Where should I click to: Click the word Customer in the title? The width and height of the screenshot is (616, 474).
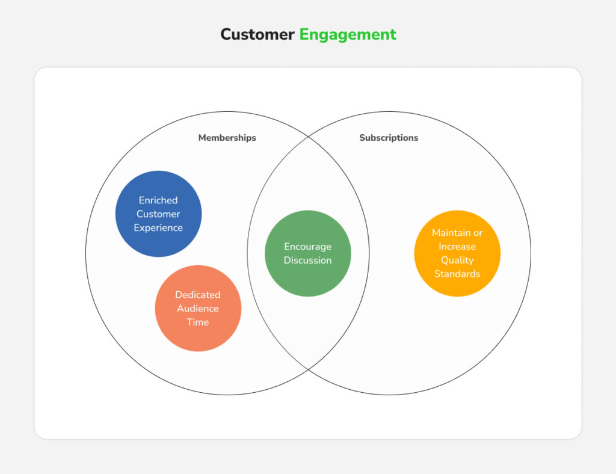(257, 34)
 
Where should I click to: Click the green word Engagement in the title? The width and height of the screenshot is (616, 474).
(348, 34)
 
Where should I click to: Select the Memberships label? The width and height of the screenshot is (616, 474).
(227, 138)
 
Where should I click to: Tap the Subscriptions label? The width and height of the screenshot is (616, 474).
(389, 138)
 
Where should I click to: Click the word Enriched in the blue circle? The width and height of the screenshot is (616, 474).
(158, 200)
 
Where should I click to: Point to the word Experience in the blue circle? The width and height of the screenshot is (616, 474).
(158, 228)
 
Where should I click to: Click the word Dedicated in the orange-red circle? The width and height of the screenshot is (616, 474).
(198, 295)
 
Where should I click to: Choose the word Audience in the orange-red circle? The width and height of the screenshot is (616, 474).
(198, 309)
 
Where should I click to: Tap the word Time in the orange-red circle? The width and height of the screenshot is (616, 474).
(198, 322)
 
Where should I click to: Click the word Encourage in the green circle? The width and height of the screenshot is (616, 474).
(308, 247)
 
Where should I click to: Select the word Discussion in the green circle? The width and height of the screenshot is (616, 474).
(308, 260)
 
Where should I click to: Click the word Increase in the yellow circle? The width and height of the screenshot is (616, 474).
(457, 247)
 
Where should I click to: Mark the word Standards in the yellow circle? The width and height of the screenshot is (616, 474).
(457, 274)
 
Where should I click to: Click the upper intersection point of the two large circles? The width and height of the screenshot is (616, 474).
(308, 137)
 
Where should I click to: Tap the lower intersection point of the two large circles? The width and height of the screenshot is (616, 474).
(308, 369)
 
